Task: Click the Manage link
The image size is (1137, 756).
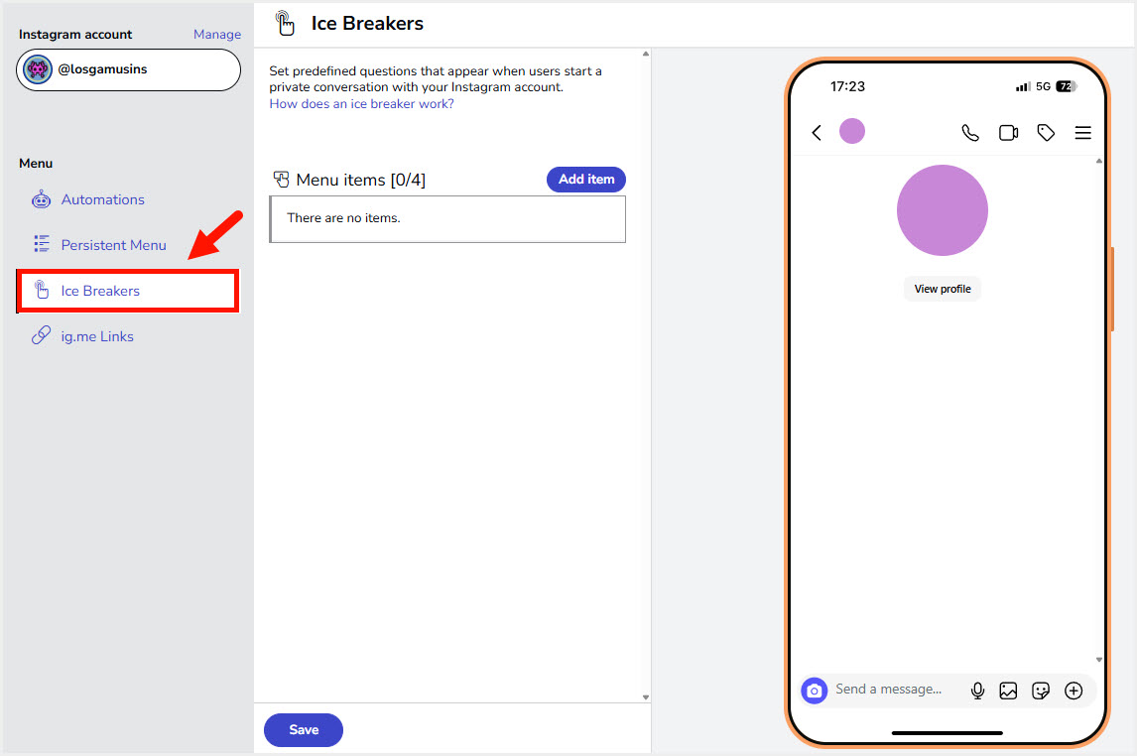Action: point(217,34)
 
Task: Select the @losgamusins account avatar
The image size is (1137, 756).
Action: point(38,69)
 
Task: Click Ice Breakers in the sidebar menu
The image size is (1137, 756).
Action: point(100,291)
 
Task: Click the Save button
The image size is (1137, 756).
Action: point(304,730)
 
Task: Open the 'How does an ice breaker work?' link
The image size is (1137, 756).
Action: point(361,103)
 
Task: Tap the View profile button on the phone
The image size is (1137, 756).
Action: point(942,289)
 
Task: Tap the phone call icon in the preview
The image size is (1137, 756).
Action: point(969,133)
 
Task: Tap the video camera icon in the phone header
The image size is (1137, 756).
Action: point(1008,133)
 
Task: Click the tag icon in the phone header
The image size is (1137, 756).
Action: point(1045,133)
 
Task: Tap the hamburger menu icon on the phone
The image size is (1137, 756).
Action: point(1082,133)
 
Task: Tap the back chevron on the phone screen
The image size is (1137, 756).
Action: point(817,133)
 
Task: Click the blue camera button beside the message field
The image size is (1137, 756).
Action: point(814,691)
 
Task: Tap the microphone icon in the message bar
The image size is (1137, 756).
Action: point(976,691)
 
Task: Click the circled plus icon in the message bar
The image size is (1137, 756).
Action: point(1074,691)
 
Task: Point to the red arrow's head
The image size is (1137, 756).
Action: point(189,257)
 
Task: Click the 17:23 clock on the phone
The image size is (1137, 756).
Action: point(847,86)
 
